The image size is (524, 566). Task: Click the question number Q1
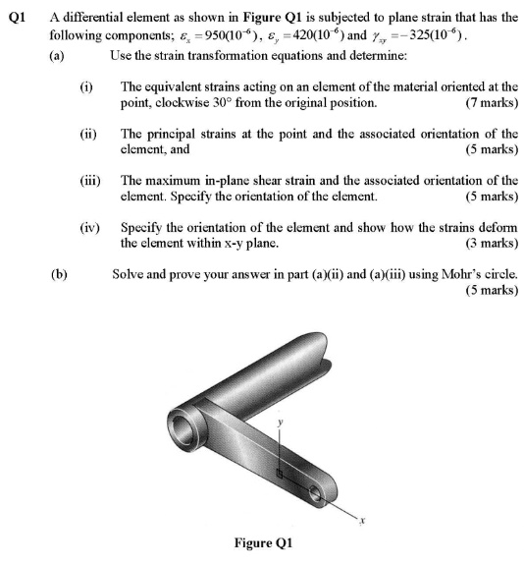[15, 15]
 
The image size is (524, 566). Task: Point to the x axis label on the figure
[362, 521]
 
